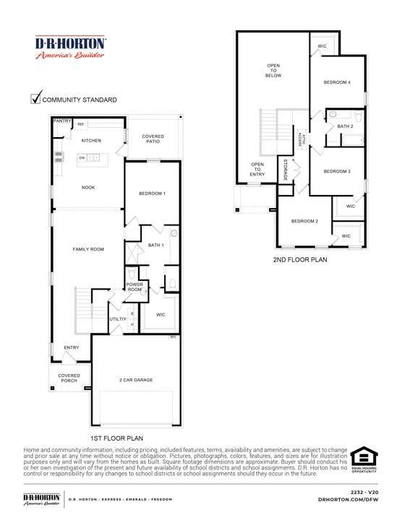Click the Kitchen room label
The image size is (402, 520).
pos(91,140)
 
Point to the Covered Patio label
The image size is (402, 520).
pos(152,139)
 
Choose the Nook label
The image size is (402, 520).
pos(88,187)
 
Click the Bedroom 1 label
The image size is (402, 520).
pos(152,194)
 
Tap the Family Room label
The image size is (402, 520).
pos(88,248)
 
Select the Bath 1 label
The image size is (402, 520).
pos(155,246)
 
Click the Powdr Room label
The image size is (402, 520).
pos(135,287)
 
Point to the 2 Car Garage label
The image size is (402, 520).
pos(136,379)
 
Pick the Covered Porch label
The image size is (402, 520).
pos(69,378)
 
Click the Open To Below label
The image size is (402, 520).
pos(273,69)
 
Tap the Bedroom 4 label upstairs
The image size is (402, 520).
pos(337,82)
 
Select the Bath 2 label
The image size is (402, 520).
pos(346,126)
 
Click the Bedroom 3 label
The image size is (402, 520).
pos(337,171)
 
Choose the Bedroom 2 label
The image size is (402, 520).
pos(305,220)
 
